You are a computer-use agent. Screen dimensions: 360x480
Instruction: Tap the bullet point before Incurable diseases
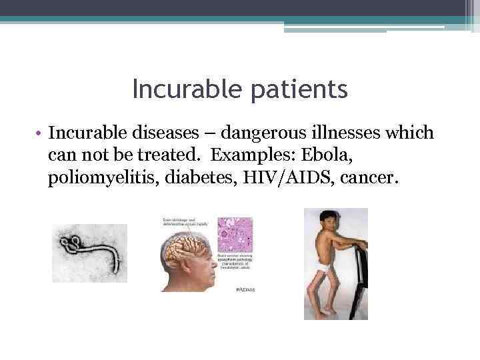click(41, 134)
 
